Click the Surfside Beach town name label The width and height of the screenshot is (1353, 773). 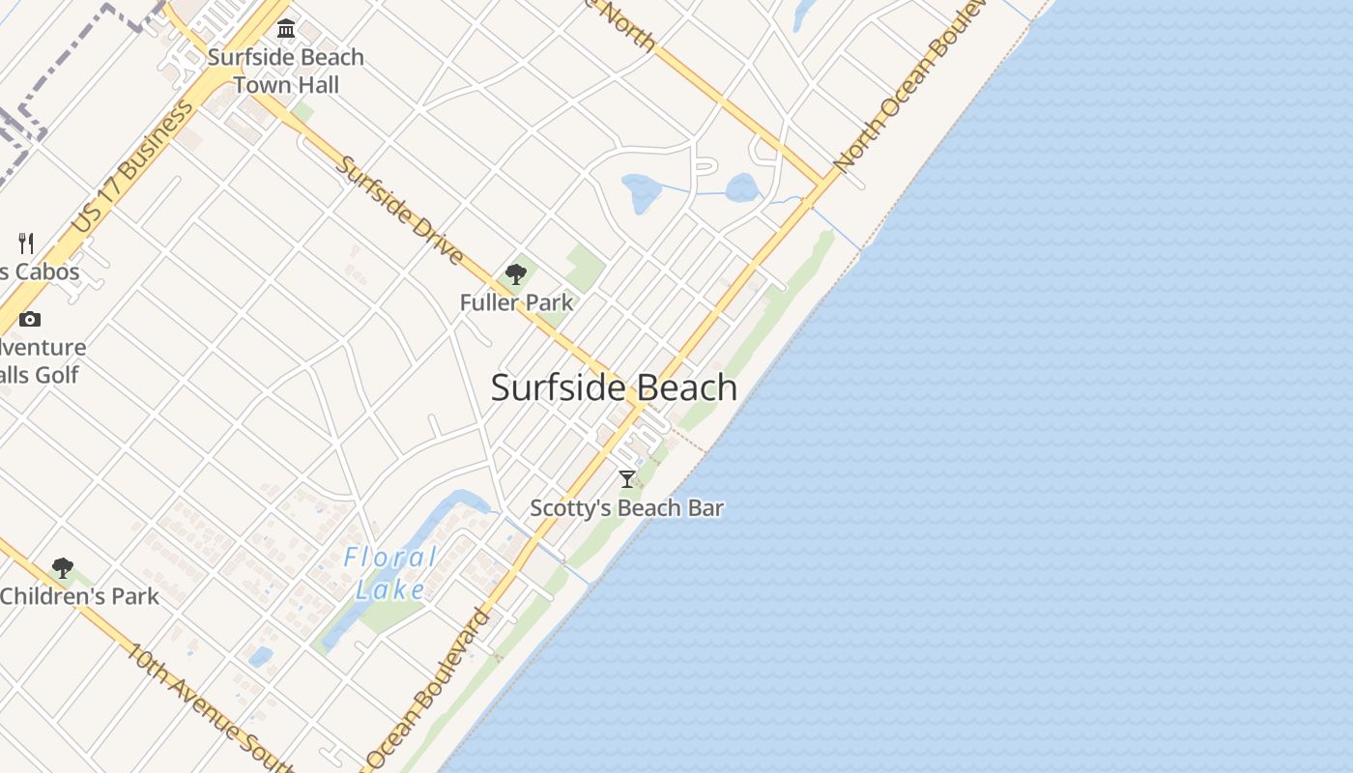[x=614, y=387]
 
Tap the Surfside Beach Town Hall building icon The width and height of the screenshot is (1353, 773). [x=285, y=27]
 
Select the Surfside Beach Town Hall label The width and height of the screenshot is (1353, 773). [x=286, y=71]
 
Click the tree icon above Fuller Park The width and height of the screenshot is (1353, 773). [x=516, y=274]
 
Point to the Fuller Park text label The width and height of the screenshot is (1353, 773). [x=516, y=302]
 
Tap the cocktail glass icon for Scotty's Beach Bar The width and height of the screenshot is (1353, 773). [x=627, y=478]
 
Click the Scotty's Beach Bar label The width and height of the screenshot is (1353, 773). [x=627, y=507]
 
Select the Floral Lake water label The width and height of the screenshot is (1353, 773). [x=390, y=573]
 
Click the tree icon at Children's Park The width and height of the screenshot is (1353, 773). [x=63, y=568]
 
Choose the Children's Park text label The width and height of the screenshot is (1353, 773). [x=79, y=596]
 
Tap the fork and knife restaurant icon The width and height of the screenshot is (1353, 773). [x=26, y=243]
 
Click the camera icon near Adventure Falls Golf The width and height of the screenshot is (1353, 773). [x=30, y=319]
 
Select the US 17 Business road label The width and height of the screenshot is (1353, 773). [x=132, y=167]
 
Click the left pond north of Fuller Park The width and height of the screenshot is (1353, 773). [x=641, y=192]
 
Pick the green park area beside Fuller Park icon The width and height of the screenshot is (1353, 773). [x=584, y=266]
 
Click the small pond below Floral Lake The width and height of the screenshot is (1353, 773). [x=260, y=657]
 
